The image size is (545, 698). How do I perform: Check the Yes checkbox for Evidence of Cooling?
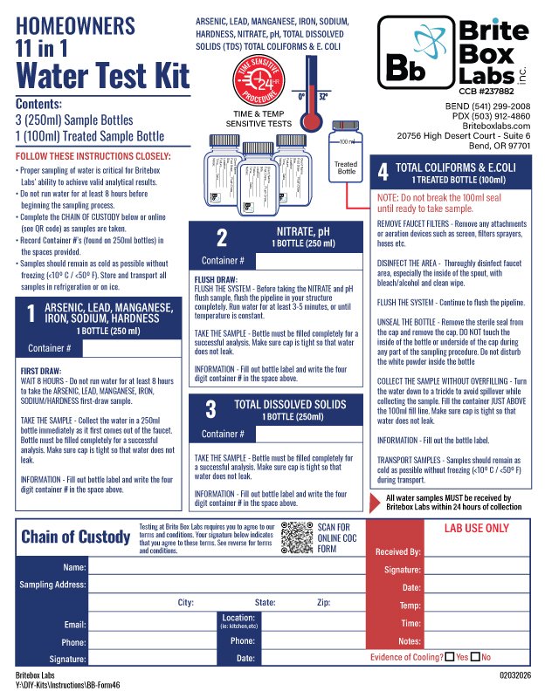pos(450,657)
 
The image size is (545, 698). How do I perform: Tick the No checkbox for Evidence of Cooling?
pos(476,657)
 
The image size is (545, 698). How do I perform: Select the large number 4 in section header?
pos(382,172)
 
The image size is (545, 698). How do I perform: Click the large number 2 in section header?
pos(221,238)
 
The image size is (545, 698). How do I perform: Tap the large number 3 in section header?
pos(210,410)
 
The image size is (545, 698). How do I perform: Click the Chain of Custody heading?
pos(75,537)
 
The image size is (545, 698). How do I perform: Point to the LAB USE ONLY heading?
pos(476,528)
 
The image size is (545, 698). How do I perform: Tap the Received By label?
pos(397,552)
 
